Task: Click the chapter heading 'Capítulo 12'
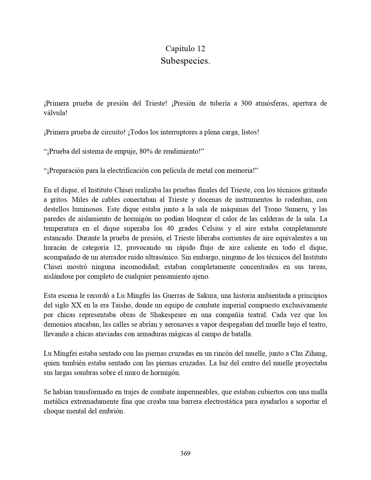pyautogui.click(x=185, y=48)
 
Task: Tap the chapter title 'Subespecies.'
pyautogui.click(x=185, y=61)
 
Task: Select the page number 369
pyautogui.click(x=185, y=453)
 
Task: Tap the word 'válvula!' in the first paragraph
pyautogui.click(x=55, y=113)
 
